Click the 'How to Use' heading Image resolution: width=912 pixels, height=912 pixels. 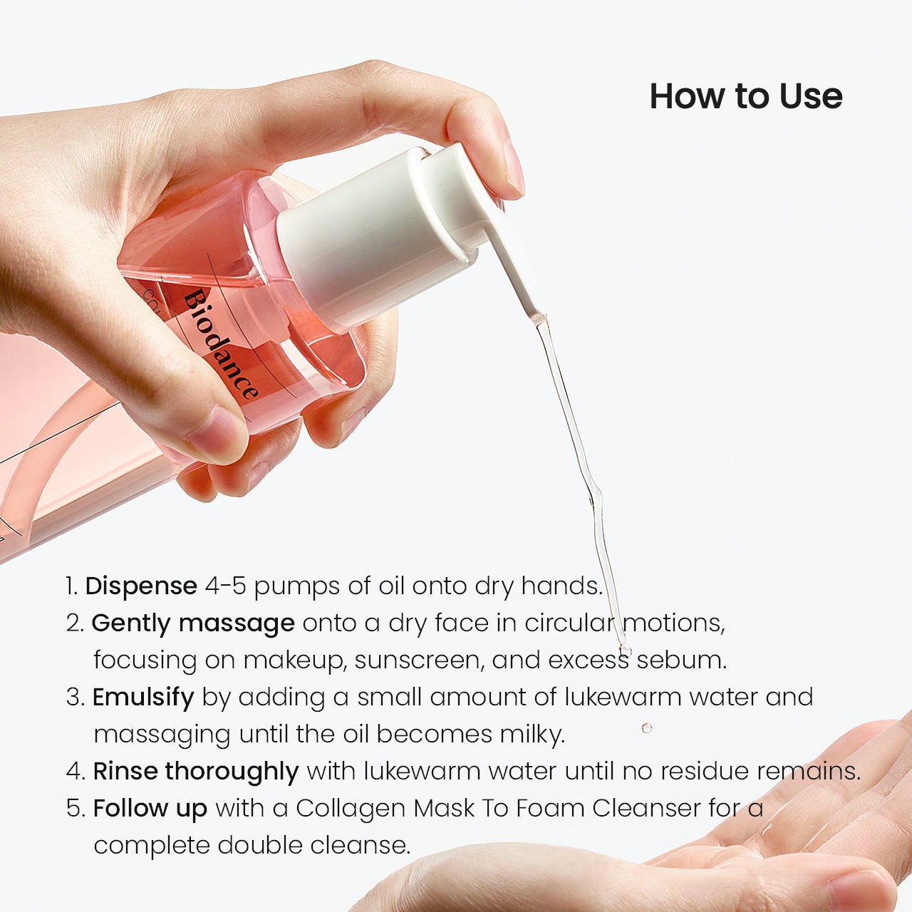(x=745, y=96)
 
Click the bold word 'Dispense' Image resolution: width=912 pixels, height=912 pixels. (x=141, y=586)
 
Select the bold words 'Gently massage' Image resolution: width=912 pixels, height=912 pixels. (x=193, y=623)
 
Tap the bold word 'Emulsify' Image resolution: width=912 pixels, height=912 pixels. (x=143, y=697)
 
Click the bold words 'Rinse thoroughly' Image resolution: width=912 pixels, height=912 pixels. (x=196, y=771)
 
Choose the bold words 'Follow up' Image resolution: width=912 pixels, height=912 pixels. (x=150, y=808)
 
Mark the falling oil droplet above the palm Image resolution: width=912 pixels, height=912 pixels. (x=646, y=727)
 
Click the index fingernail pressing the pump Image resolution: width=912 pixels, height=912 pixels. (x=514, y=170)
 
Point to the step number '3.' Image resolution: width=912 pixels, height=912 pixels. (x=76, y=697)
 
